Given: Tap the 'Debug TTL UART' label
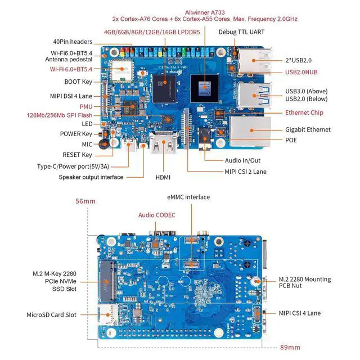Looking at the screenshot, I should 241,33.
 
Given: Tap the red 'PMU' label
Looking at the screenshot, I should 85,106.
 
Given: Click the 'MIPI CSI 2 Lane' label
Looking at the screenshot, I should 246,172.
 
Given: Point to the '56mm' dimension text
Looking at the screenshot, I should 85,201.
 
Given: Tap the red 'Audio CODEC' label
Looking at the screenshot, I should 157,215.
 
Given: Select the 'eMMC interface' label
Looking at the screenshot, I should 188,197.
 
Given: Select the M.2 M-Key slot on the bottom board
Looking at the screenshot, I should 107,280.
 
